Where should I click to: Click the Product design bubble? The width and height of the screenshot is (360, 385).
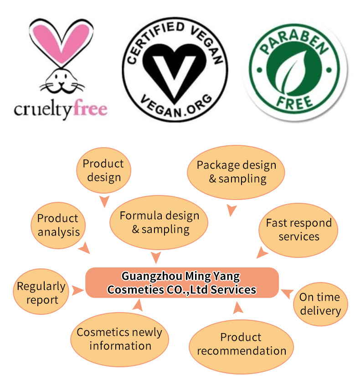(x=103, y=170)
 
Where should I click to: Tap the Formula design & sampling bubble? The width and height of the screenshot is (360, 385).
(x=159, y=222)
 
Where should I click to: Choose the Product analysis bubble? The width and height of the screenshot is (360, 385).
(x=58, y=225)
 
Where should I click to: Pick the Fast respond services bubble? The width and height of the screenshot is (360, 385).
(x=298, y=230)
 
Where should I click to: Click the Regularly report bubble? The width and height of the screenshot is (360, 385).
(x=41, y=293)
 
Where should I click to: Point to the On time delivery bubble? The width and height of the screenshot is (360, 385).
(x=320, y=304)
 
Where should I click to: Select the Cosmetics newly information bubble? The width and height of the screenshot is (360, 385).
(x=120, y=339)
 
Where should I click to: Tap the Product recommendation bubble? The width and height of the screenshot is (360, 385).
(x=241, y=344)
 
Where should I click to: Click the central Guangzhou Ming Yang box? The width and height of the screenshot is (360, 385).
(x=182, y=282)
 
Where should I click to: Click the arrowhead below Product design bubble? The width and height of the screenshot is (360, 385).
(x=105, y=201)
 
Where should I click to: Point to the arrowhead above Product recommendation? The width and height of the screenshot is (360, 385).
(x=238, y=310)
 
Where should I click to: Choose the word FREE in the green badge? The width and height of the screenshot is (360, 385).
(x=295, y=100)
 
